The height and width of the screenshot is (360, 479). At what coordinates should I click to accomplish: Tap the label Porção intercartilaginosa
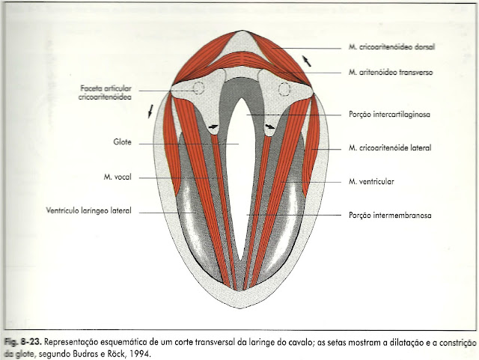(393, 115)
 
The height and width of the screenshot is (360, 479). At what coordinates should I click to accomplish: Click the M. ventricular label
(372, 181)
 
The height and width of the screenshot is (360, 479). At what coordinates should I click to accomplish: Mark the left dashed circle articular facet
(198, 88)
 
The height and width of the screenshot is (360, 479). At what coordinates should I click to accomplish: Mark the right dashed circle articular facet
(284, 90)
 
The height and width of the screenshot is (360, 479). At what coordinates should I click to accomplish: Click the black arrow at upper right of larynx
(305, 60)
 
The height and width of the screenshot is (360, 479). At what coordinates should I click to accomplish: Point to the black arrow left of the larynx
(151, 112)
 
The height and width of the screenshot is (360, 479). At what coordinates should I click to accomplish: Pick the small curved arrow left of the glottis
(214, 127)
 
